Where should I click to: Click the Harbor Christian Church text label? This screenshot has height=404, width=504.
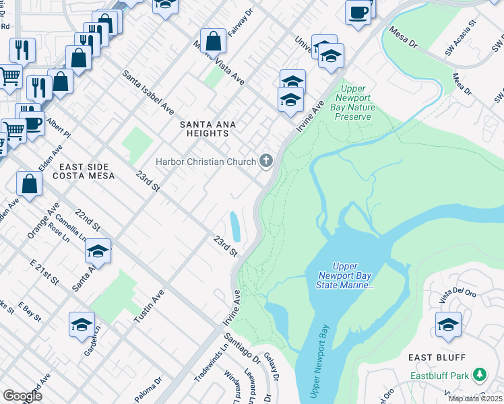tap(206, 162)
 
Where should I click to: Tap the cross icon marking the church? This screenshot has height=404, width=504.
tap(267, 160)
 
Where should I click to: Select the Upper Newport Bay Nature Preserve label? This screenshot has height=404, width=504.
tap(354, 102)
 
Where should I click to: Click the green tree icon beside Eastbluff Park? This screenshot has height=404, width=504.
tap(479, 374)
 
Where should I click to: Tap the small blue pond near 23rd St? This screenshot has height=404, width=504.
tap(235, 226)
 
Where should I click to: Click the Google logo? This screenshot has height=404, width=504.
tap(23, 396)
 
